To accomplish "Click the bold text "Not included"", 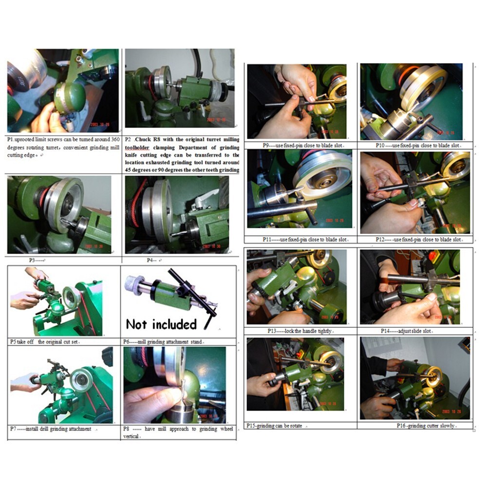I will click(x=161, y=324).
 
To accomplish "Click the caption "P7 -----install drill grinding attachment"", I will click(x=51, y=429).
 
